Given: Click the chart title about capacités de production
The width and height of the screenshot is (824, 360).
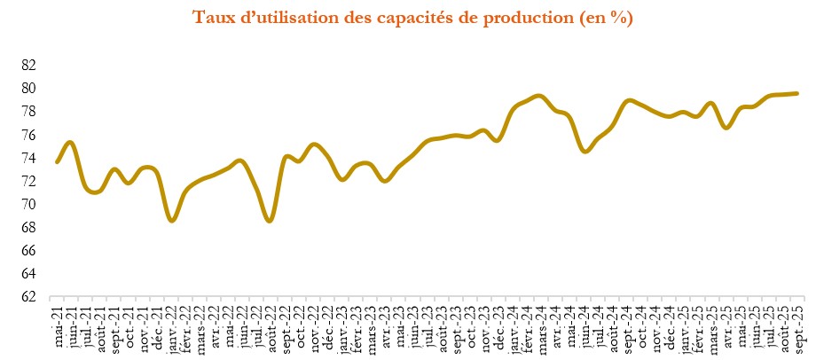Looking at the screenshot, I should (x=412, y=18).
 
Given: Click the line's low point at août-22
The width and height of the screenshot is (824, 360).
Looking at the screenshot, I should (x=271, y=220).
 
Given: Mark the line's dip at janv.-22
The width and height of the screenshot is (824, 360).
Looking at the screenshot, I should (x=172, y=220).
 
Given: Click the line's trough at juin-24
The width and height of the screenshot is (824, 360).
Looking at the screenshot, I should (x=585, y=152).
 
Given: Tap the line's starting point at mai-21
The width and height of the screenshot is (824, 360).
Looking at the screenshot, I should (x=58, y=161).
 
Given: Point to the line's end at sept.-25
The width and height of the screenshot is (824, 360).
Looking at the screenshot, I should (x=797, y=93).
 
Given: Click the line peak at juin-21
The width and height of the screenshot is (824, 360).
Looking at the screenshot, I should (x=71, y=142).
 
